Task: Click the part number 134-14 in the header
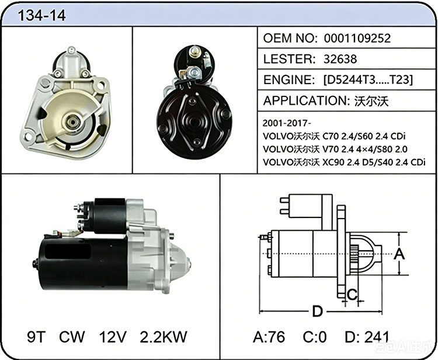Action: (41, 15)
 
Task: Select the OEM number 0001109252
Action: (357, 38)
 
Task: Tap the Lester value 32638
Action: (340, 59)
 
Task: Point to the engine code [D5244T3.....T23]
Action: (368, 80)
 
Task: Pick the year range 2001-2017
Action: (286, 123)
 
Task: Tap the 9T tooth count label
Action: (36, 337)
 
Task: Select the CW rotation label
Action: (72, 337)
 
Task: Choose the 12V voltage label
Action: (113, 337)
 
